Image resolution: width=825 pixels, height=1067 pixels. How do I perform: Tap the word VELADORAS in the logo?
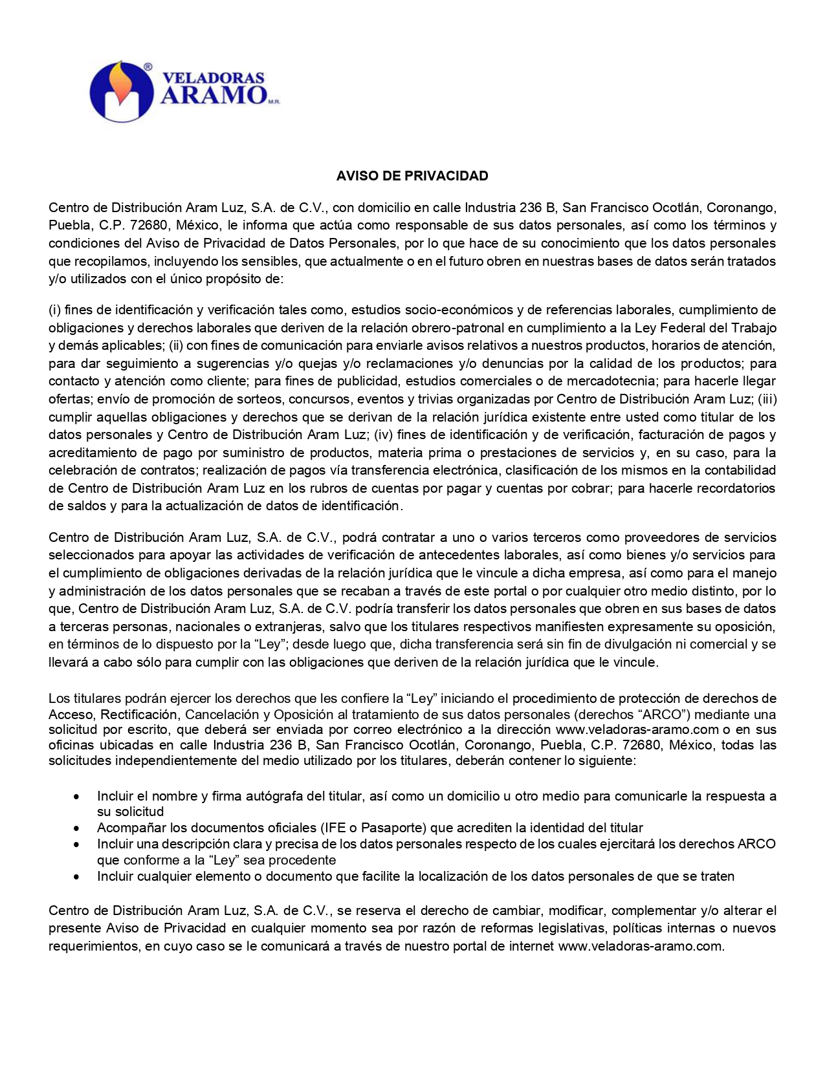[213, 78]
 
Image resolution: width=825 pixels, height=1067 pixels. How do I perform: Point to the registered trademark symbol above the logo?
[148, 67]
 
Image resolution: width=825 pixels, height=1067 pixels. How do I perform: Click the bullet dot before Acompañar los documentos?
[78, 828]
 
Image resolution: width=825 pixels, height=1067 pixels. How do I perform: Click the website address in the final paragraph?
[640, 946]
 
